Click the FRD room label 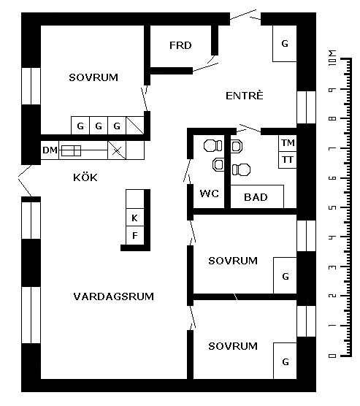pyautogui.click(x=180, y=45)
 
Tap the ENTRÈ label pyautogui.click(x=244, y=96)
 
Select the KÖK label pyautogui.click(x=85, y=177)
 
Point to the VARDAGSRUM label pyautogui.click(x=113, y=296)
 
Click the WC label pyautogui.click(x=209, y=194)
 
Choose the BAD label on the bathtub pyautogui.click(x=256, y=197)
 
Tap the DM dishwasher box pyautogui.click(x=50, y=150)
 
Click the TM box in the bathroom pyautogui.click(x=288, y=143)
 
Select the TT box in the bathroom pyautogui.click(x=288, y=160)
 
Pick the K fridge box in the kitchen pyautogui.click(x=134, y=218)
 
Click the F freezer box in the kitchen pyautogui.click(x=134, y=235)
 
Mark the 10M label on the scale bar pyautogui.click(x=332, y=58)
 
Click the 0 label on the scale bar pyautogui.click(x=332, y=356)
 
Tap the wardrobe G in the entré pyautogui.click(x=285, y=44)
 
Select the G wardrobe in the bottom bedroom pyautogui.click(x=285, y=361)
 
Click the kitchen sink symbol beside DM pyautogui.click(x=72, y=150)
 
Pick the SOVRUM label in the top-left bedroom pyautogui.click(x=93, y=77)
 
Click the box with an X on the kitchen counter pyautogui.click(x=117, y=150)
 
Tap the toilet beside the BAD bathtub pyautogui.click(x=242, y=169)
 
